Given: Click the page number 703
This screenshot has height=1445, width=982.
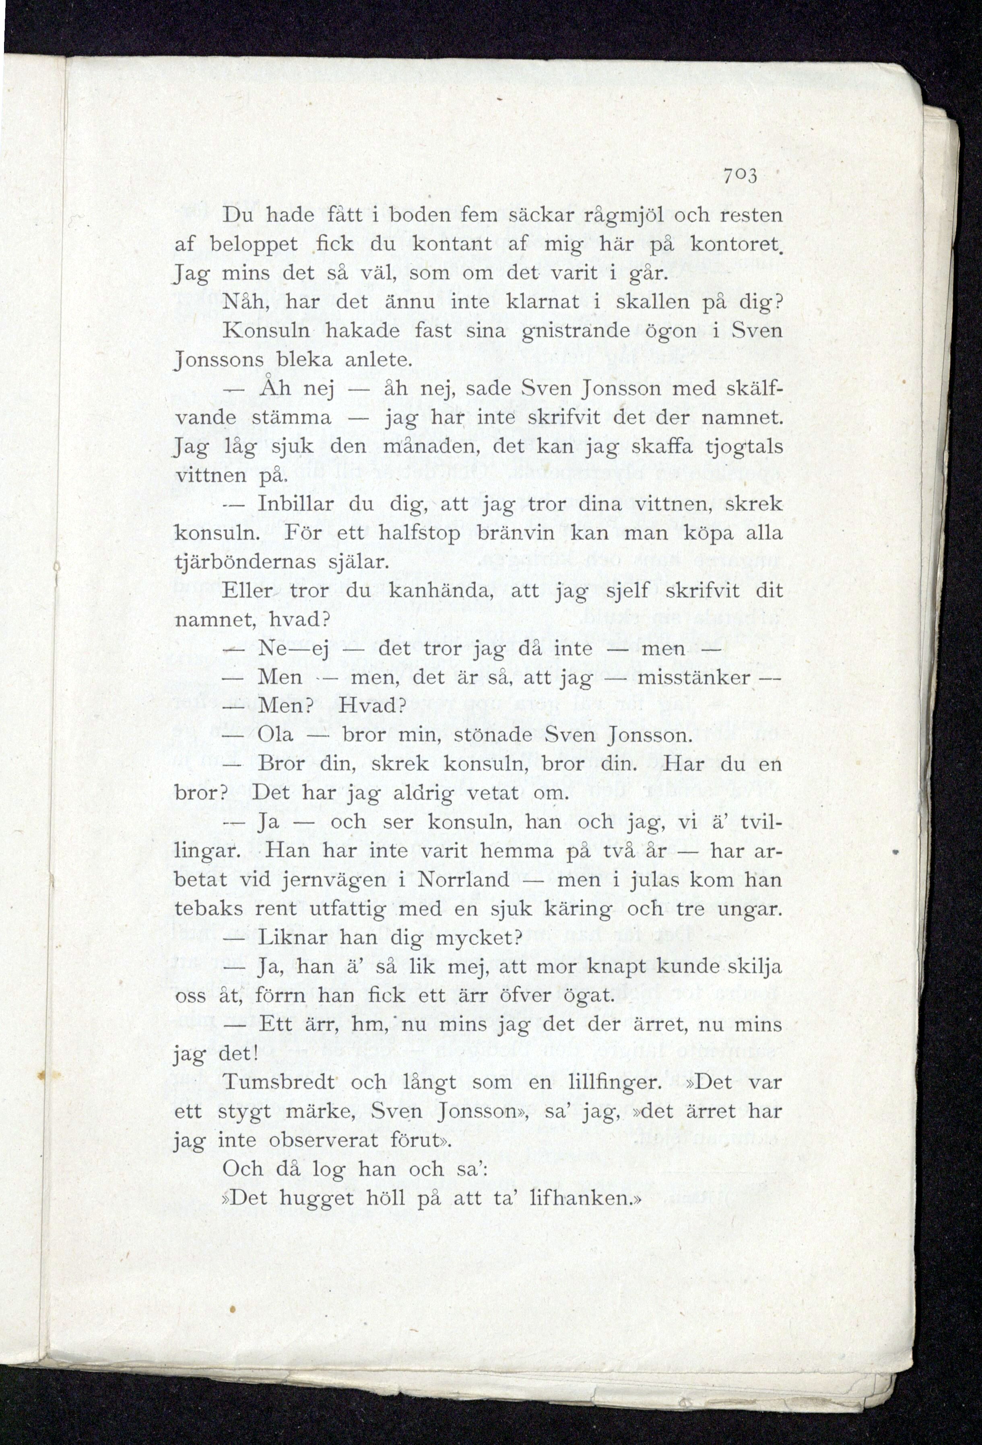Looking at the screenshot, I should click(739, 177).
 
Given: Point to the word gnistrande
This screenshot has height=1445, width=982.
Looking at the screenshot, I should click(575, 331).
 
